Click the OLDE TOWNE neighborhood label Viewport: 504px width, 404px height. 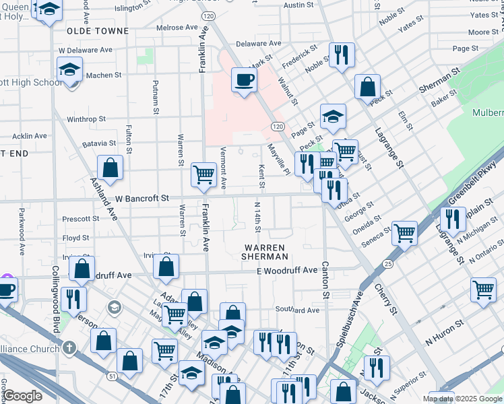point(98,31)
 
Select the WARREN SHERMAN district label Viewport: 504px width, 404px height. point(266,252)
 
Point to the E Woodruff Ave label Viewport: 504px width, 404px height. point(286,270)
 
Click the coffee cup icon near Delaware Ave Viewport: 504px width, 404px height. point(243,80)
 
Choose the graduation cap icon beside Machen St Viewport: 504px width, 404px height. point(69,70)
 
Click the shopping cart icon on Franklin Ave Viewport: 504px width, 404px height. point(203,174)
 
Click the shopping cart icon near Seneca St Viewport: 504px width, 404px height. point(404,233)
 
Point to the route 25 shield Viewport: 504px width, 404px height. point(387,265)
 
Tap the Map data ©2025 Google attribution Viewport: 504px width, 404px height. point(462,399)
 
